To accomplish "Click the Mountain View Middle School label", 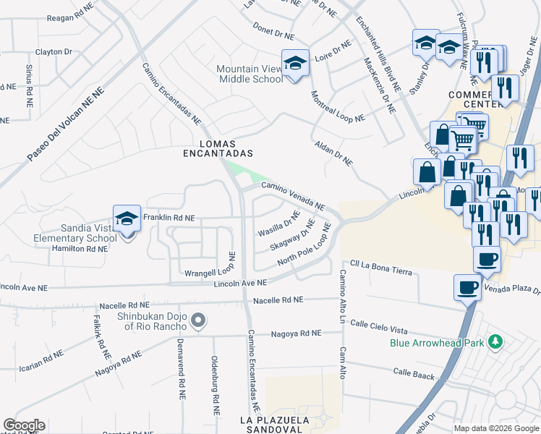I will tap(250, 74).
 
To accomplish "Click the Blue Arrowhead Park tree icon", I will tap(495, 341).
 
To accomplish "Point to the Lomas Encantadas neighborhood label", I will tap(217, 148).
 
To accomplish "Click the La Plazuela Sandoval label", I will tap(285, 424).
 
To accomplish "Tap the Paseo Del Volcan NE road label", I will tap(66, 124).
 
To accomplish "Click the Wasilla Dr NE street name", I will tap(279, 224).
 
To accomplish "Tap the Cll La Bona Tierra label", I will tap(381, 267).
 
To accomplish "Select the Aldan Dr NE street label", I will tap(333, 153).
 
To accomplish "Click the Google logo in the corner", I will tap(24, 425).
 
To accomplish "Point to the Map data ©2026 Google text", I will tap(496, 428).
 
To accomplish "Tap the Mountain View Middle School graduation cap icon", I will tap(295, 63).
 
